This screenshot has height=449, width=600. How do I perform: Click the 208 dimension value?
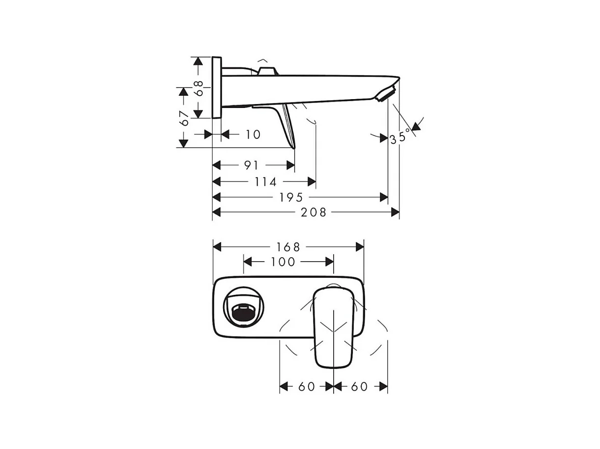313,212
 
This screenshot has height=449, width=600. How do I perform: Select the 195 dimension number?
291,197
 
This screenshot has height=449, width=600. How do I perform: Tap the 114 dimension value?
265,182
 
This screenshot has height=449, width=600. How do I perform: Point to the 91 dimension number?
251,165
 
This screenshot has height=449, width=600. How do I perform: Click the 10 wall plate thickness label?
253,134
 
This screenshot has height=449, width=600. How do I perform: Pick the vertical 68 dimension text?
198,88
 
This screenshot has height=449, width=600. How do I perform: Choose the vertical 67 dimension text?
184,118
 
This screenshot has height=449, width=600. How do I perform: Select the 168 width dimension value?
287,246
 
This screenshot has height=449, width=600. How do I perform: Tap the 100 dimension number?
283,262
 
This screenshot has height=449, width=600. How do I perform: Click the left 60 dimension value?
306,387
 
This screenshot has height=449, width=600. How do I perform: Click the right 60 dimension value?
359,387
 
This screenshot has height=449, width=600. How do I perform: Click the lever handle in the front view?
334,327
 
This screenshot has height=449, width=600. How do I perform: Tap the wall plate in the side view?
217,87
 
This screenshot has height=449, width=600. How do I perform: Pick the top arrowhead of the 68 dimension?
198,61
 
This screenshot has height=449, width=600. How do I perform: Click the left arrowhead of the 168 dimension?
217,246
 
